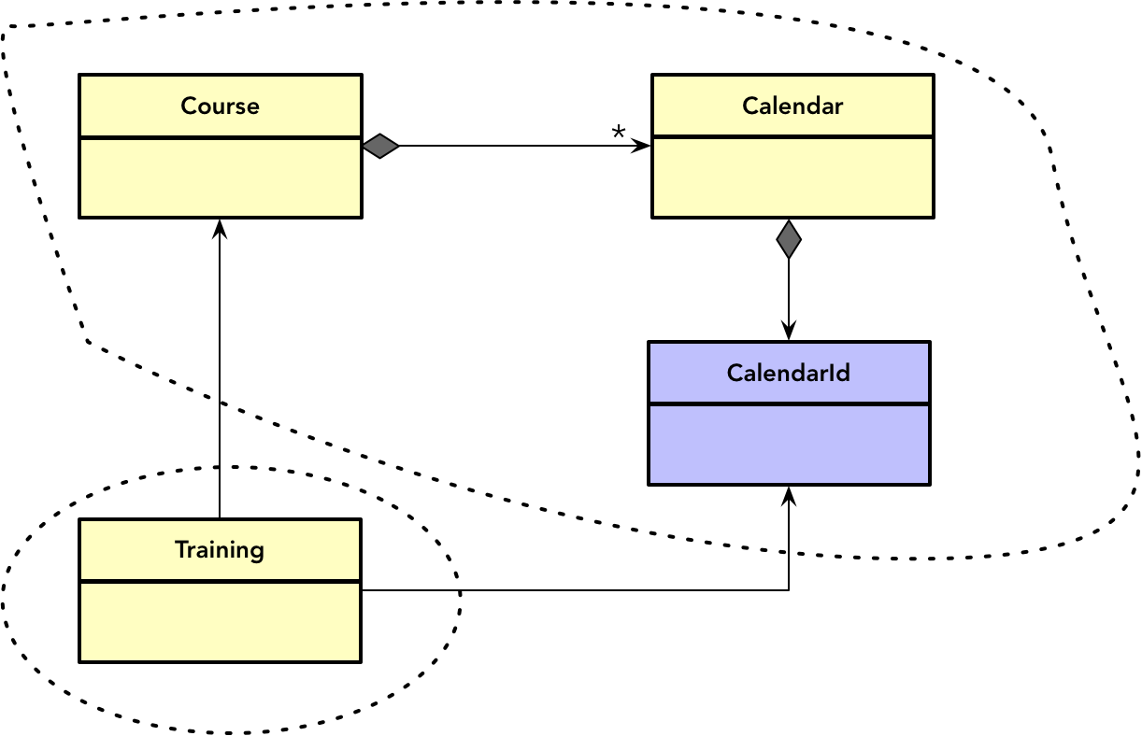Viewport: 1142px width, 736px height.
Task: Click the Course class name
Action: [x=221, y=106]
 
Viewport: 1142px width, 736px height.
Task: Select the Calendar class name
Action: [x=792, y=106]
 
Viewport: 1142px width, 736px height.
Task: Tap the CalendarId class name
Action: [x=789, y=373]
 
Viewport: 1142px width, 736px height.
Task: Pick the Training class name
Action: [x=220, y=550]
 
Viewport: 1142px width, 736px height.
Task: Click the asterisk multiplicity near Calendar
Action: [x=618, y=134]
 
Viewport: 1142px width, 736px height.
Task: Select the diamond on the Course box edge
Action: [x=380, y=146]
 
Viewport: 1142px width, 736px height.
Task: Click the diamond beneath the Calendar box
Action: [x=789, y=239]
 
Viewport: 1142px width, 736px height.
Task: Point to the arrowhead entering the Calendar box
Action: [x=642, y=146]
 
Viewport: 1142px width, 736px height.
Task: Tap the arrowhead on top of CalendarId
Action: [x=789, y=332]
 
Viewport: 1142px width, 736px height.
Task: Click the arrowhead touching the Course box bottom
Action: [x=220, y=228]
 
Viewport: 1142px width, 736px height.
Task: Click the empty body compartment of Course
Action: [x=221, y=177]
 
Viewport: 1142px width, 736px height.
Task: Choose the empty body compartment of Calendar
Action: [x=792, y=177]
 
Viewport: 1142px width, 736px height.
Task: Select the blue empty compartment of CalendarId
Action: [x=789, y=445]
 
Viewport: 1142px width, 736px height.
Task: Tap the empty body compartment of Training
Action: [x=220, y=622]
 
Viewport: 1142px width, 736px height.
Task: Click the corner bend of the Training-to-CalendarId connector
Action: [x=789, y=590]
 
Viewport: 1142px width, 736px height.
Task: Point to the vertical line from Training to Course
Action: [x=220, y=374]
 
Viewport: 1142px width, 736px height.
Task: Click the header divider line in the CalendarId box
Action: [x=789, y=404]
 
